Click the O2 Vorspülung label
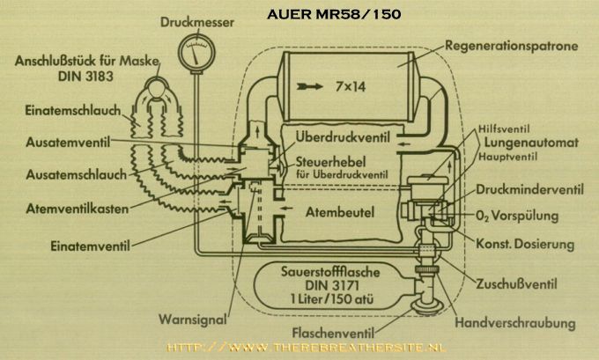520,214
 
